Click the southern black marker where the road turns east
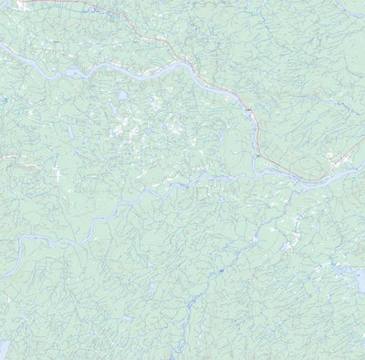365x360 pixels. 258,155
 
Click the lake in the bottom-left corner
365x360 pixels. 4,349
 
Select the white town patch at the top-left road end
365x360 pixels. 36,3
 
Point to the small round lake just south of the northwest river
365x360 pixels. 121,94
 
